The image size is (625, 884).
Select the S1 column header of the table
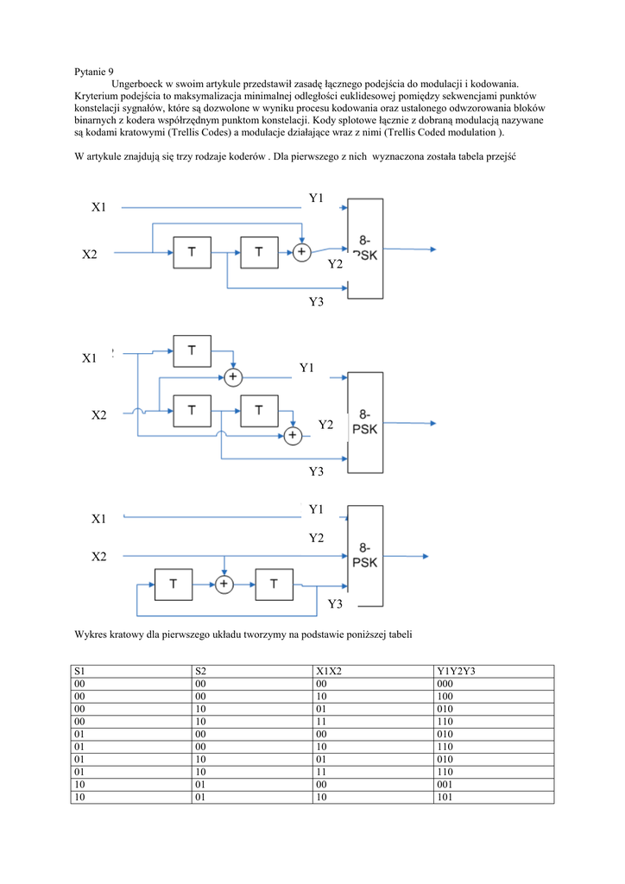point(79,671)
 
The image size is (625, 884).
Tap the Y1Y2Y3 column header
point(457,671)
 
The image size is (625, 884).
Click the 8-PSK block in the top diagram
point(364,249)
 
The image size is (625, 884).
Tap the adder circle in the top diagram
point(301,252)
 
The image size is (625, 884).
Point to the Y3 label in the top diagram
point(316,301)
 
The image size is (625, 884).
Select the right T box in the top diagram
point(260,252)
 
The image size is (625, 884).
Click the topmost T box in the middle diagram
point(192,350)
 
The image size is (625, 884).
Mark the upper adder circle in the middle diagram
point(233,377)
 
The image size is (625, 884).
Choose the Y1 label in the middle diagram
point(306,369)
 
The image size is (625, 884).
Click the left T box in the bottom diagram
point(174,584)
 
